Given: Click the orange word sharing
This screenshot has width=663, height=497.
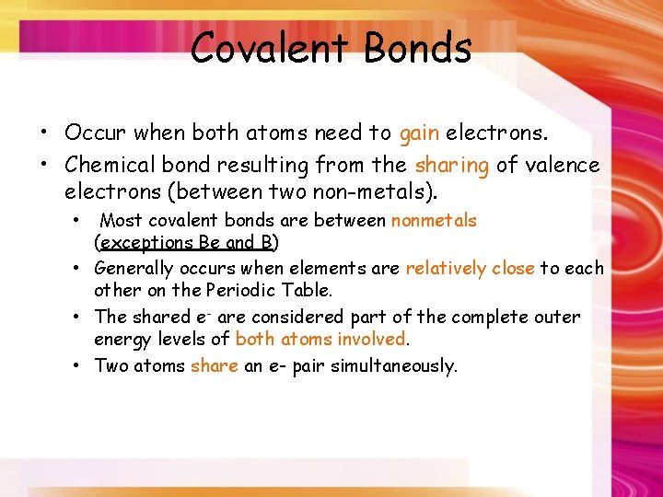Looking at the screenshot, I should tap(452, 166).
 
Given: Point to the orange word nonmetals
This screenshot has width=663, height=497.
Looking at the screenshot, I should tap(434, 220).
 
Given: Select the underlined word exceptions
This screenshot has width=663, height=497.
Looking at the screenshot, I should tap(145, 243).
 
